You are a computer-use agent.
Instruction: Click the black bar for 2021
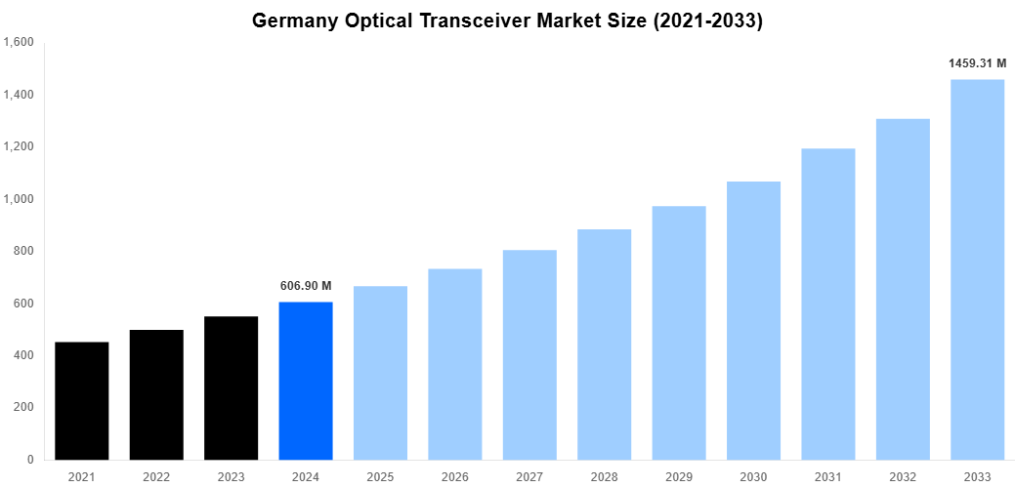(x=82, y=400)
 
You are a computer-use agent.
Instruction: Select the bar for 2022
(x=156, y=394)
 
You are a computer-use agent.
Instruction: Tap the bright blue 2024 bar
(x=306, y=381)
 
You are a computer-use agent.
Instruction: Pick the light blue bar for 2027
(x=529, y=354)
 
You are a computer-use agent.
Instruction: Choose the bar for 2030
(x=753, y=320)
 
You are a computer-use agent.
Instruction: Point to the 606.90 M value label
(x=306, y=286)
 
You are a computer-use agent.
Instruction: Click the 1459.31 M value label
(x=977, y=63)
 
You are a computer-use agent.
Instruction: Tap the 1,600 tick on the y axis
(x=20, y=43)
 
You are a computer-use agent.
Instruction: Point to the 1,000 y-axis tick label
(x=20, y=199)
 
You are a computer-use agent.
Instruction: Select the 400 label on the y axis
(x=24, y=355)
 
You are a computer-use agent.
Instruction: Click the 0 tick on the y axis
(x=31, y=460)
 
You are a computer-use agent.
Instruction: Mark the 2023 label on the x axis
(x=232, y=477)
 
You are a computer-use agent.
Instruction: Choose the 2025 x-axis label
(x=380, y=477)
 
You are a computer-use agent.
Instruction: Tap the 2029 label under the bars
(x=679, y=477)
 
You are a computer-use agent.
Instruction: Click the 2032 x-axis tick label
(x=903, y=477)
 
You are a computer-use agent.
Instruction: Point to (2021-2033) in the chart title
(x=703, y=20)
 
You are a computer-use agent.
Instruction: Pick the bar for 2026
(x=455, y=364)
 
